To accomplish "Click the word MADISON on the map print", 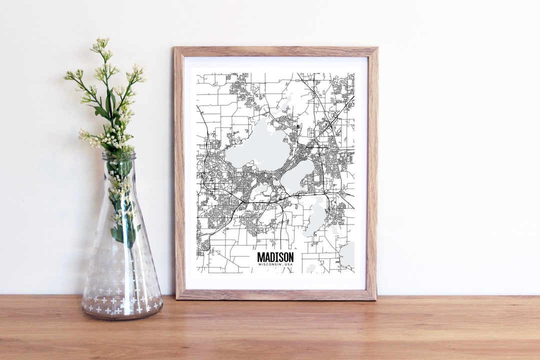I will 275,257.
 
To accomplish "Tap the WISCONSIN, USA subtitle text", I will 275,264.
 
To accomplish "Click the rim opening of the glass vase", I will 119,155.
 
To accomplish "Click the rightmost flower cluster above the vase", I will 137,75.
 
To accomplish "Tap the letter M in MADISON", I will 260,257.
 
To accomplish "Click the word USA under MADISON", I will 288,264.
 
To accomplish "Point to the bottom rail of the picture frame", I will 275,294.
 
